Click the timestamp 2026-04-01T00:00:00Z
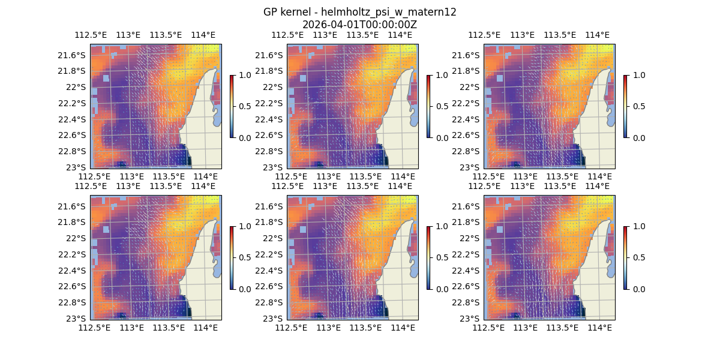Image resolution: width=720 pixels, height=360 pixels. point(359,25)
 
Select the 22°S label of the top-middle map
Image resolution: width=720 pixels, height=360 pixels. point(274,87)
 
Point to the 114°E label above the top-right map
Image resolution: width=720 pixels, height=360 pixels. point(597,35)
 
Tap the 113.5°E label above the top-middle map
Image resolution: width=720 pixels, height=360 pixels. point(363,35)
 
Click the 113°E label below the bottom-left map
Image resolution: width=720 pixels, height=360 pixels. point(132,328)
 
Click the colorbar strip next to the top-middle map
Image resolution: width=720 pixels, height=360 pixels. point(428,106)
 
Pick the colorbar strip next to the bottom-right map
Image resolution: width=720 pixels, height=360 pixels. point(625,257)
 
